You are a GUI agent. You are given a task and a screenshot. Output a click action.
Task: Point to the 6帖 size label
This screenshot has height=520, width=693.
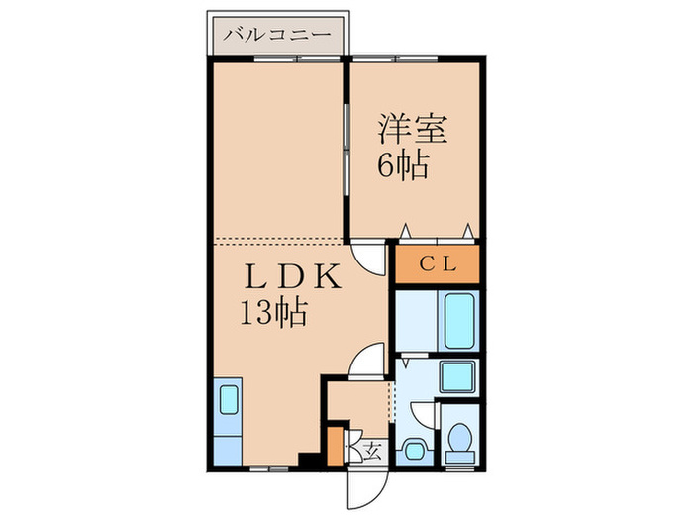(402, 165)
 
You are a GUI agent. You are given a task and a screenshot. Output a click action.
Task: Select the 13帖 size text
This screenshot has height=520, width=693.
(270, 314)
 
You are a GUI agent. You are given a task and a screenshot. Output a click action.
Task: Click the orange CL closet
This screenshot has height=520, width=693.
(437, 264)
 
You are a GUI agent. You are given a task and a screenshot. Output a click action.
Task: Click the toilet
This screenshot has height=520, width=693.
(458, 442)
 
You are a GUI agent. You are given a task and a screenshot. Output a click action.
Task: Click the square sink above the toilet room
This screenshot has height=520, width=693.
(456, 376)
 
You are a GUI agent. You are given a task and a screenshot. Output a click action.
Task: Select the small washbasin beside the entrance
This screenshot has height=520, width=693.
(412, 449)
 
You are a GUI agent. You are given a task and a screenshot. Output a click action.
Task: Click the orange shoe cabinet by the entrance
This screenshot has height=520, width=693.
(335, 447)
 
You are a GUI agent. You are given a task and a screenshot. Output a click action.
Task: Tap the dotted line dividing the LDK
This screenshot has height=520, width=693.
(277, 242)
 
